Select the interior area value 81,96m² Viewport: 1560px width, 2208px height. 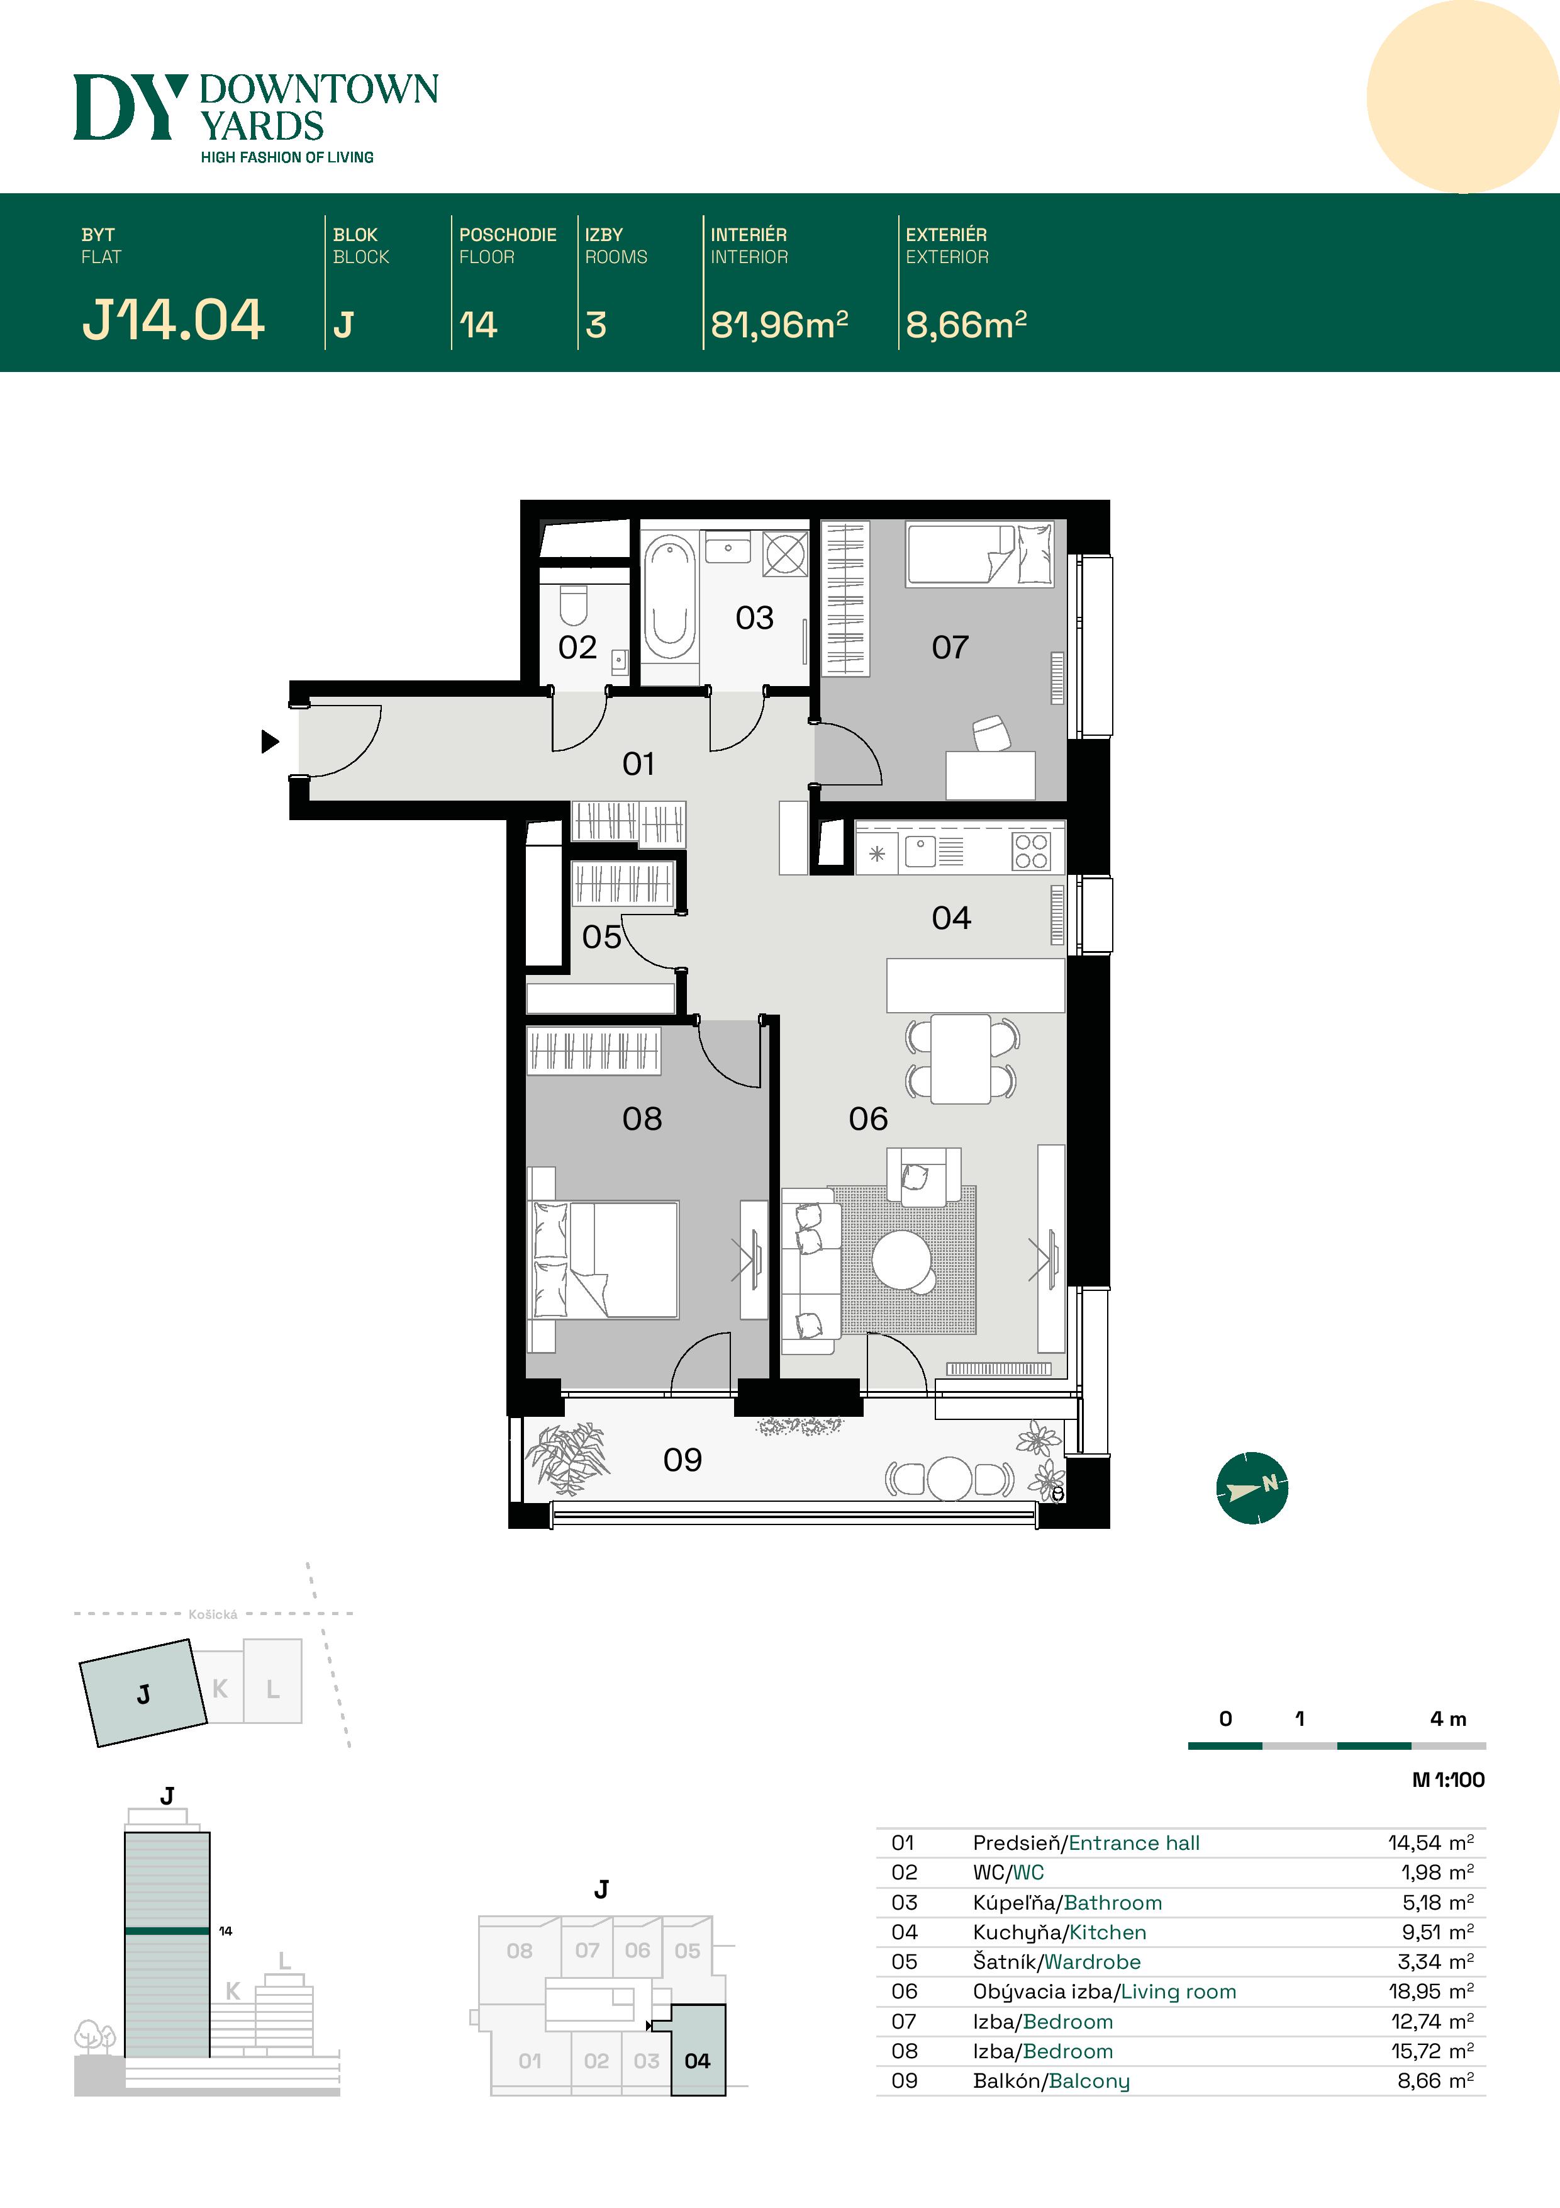coord(779,325)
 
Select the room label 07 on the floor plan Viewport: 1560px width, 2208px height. coord(950,647)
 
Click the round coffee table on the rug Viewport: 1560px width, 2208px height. coord(901,1260)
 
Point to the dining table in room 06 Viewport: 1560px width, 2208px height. coord(961,1059)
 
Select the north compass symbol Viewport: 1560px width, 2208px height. coord(1252,1488)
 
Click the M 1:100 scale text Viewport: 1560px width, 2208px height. coord(1447,1780)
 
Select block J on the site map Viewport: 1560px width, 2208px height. coord(143,1694)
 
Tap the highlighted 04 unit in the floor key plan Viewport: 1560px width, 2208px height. coord(698,2061)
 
